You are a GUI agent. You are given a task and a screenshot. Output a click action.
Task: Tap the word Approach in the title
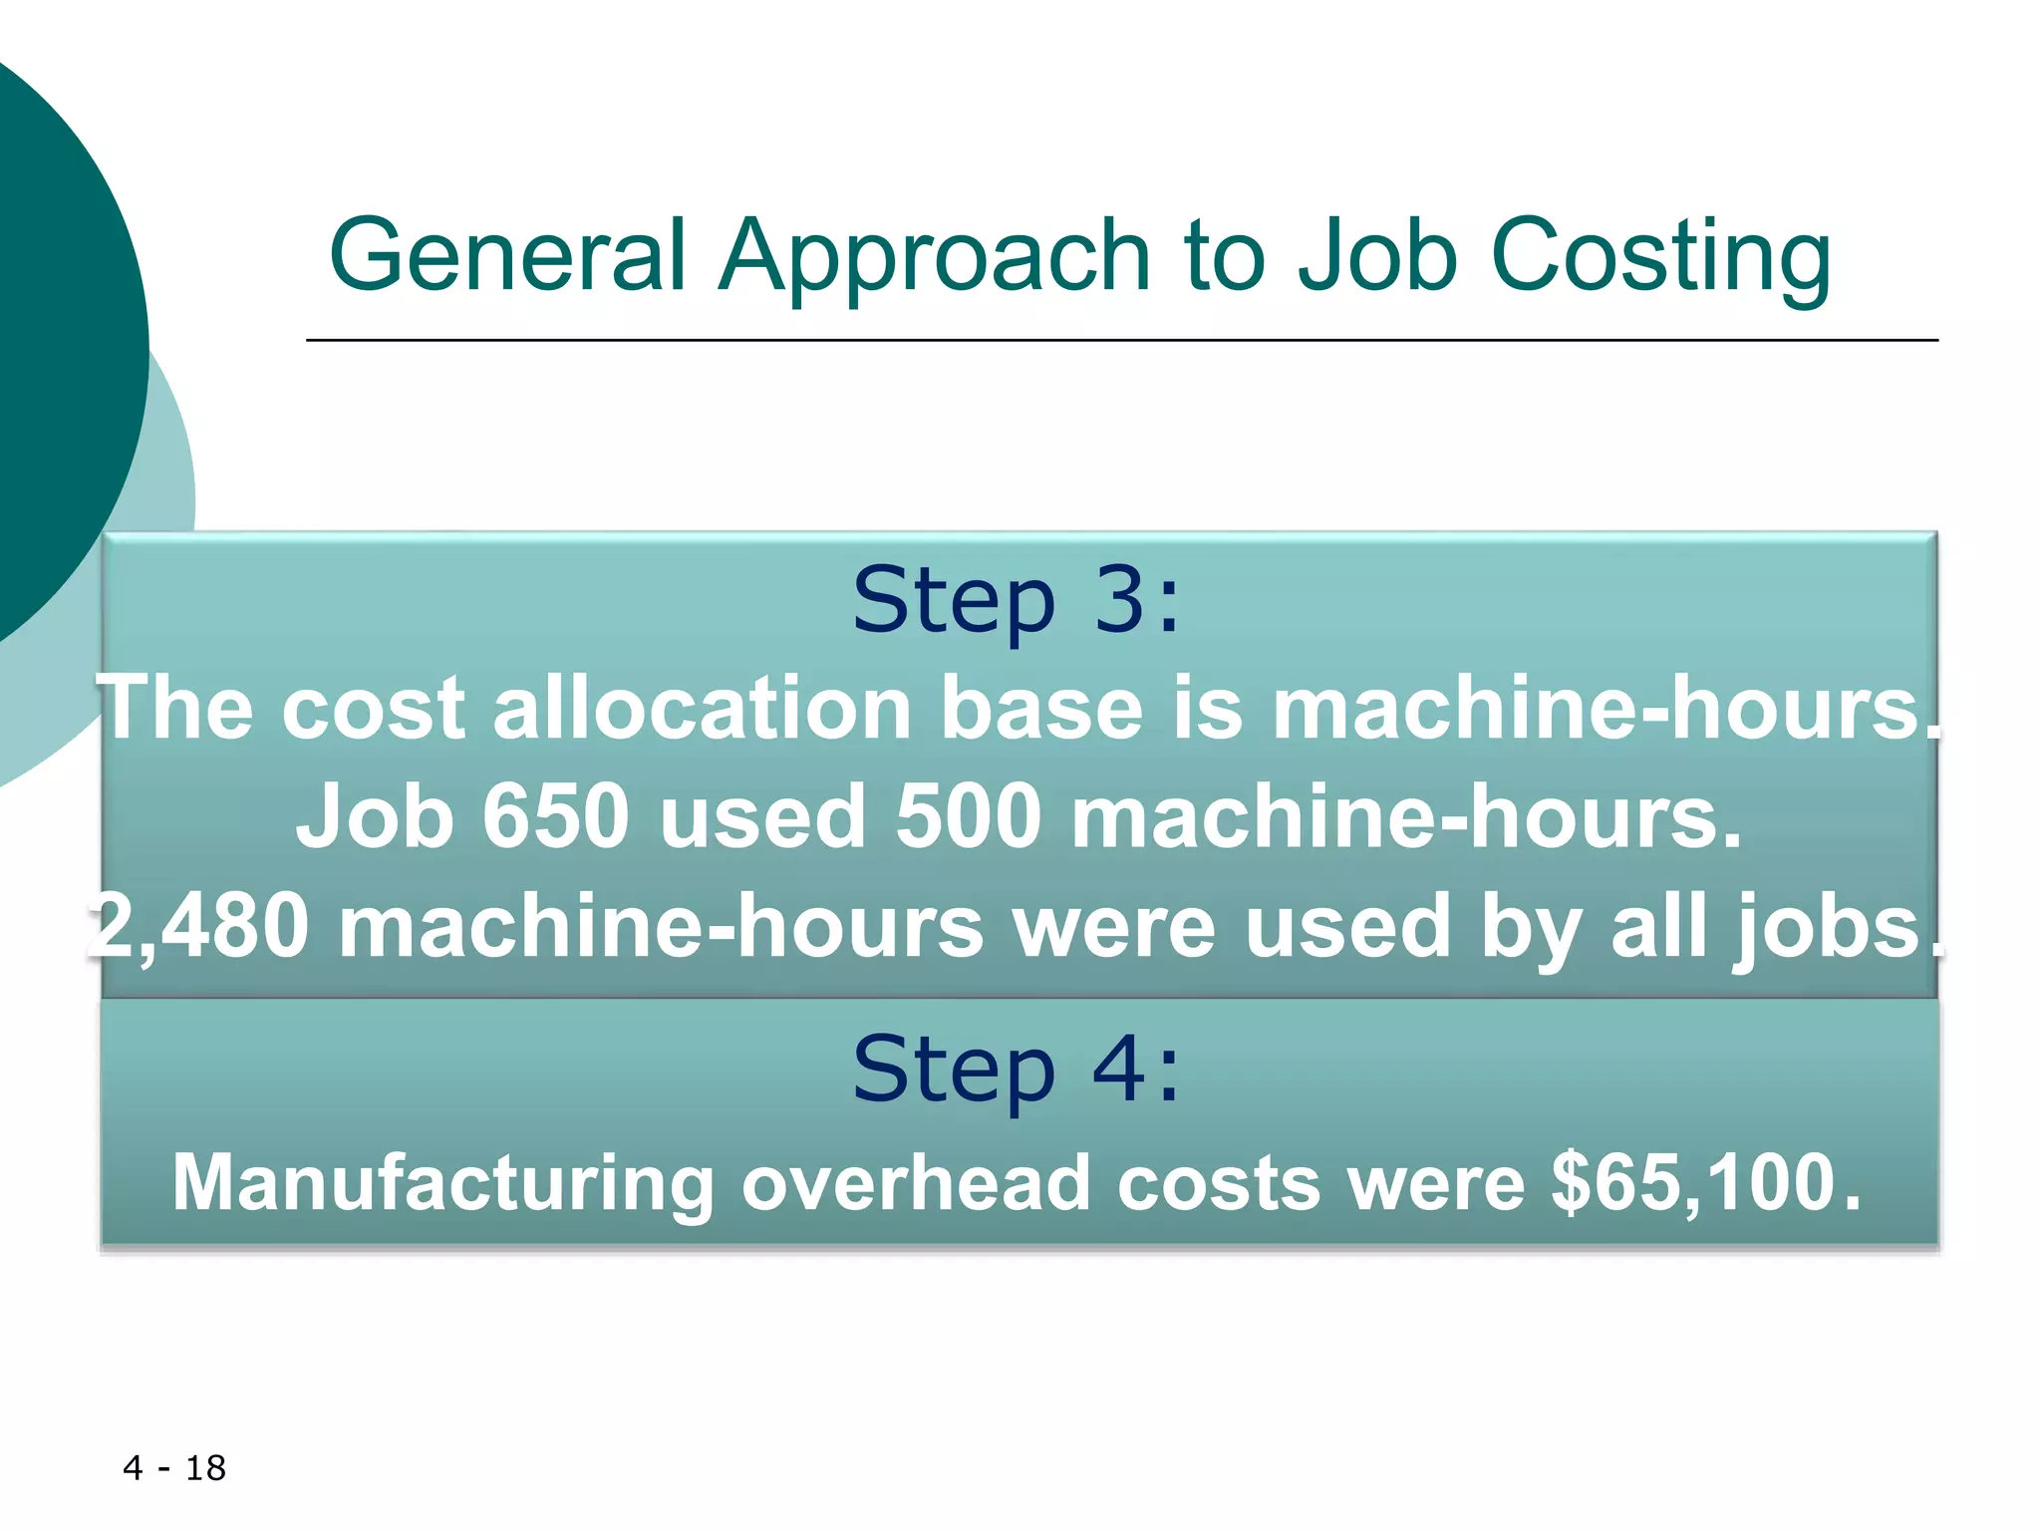tap(935, 257)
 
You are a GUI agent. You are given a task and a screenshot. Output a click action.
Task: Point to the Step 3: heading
tap(1017, 600)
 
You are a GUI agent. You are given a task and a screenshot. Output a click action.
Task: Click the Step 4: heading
tap(1017, 1070)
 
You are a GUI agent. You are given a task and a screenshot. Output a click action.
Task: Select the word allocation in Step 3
tap(702, 708)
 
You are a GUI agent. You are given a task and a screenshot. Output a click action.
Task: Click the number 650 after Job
tap(555, 816)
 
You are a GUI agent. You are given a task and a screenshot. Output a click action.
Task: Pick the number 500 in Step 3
tap(968, 816)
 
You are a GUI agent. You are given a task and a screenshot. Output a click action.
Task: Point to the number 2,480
tap(199, 927)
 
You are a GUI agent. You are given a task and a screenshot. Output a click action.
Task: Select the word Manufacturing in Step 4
tap(442, 1183)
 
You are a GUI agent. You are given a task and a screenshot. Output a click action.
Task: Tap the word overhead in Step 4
tap(916, 1183)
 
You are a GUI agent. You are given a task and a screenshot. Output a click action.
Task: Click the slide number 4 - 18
tap(174, 1468)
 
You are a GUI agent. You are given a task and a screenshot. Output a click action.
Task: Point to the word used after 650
tap(761, 816)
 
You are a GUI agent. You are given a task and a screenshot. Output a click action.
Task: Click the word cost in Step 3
tap(373, 708)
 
